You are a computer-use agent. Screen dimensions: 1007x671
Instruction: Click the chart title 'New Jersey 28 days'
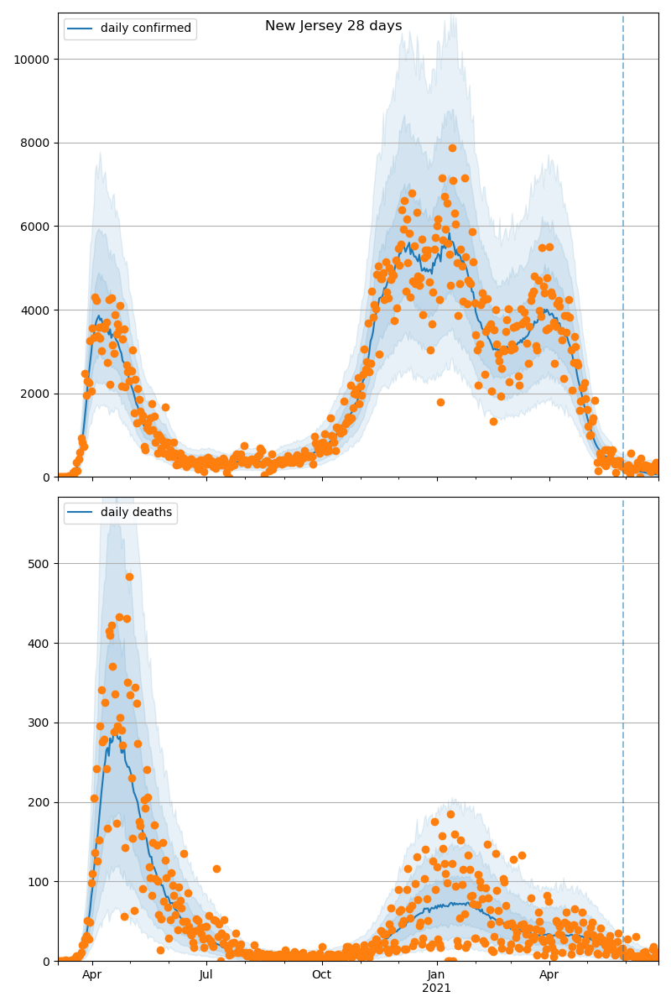(x=333, y=26)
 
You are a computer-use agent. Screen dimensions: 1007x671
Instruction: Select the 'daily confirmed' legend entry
(x=145, y=29)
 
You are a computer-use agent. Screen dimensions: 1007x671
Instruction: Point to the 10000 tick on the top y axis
(x=32, y=60)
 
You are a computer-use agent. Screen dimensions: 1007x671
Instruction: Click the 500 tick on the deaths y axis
(x=40, y=564)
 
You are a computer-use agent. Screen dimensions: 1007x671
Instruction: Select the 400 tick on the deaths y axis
(x=40, y=644)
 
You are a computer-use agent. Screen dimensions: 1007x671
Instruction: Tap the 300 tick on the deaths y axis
(x=40, y=723)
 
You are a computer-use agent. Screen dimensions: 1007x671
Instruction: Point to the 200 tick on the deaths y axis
(x=40, y=802)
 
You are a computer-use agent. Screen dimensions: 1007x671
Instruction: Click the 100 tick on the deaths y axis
(x=40, y=882)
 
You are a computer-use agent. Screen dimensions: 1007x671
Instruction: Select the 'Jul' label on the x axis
(x=206, y=975)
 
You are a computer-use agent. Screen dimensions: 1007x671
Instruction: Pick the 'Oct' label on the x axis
(x=321, y=975)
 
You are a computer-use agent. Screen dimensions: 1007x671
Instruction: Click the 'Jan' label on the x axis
(x=436, y=975)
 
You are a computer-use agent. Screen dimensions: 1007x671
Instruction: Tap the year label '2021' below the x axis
(x=436, y=989)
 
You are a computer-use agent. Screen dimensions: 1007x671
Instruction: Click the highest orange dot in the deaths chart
(x=129, y=577)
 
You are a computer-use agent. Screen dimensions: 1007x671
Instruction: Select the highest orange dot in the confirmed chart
(x=452, y=148)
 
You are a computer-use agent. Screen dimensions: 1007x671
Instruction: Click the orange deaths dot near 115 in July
(x=216, y=869)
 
